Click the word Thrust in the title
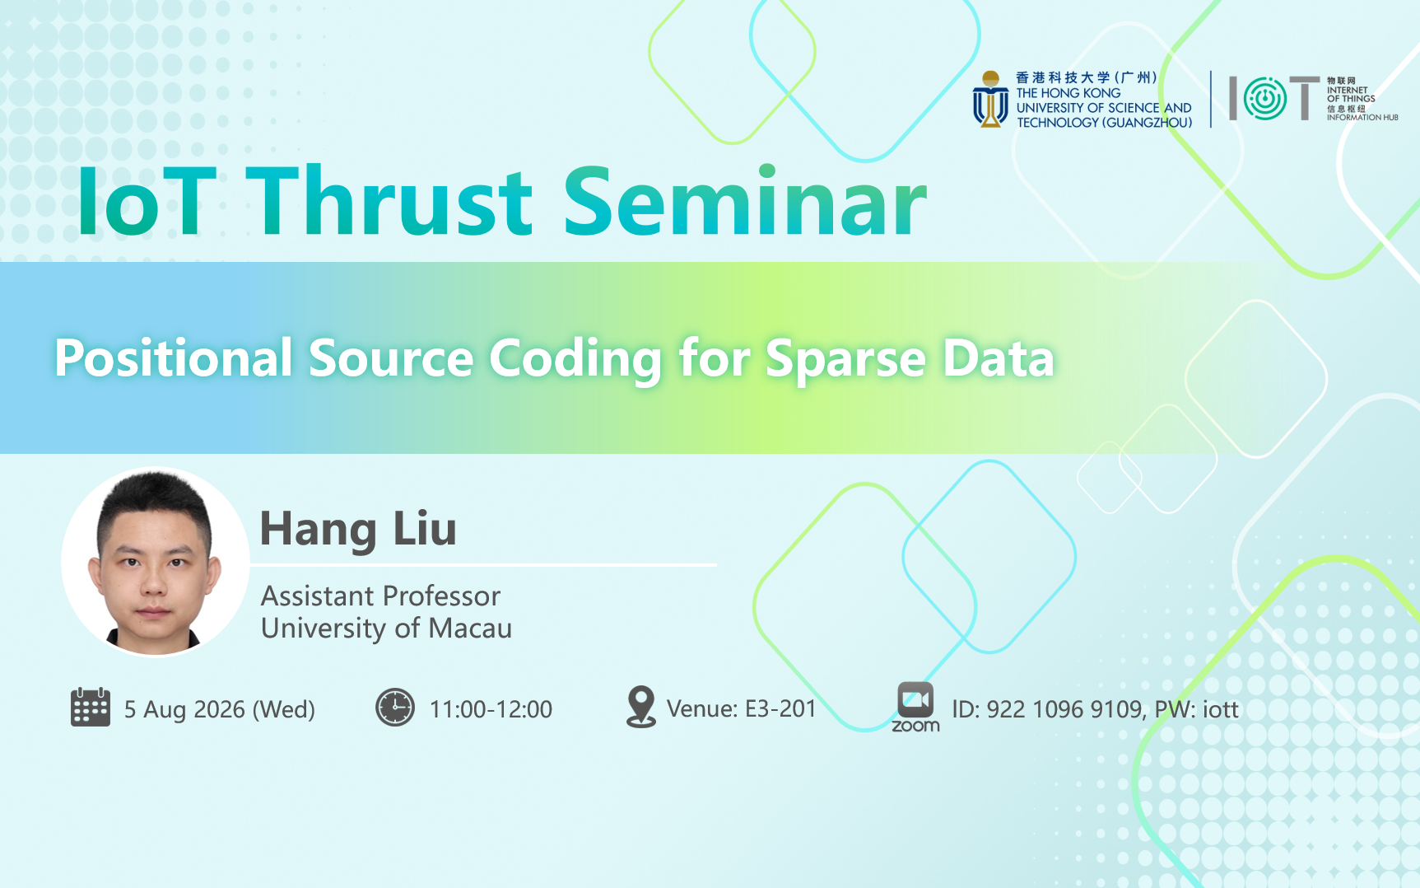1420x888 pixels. (x=390, y=202)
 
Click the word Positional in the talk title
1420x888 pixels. (x=174, y=358)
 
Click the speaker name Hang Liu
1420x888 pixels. (x=358, y=529)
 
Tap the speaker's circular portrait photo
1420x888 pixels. (x=155, y=562)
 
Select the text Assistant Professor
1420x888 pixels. (x=380, y=596)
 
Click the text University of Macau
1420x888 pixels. (x=386, y=629)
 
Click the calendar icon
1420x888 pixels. (x=91, y=707)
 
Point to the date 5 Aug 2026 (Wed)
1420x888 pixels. (x=220, y=709)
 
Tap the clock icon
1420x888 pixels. (x=395, y=708)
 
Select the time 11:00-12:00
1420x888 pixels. (x=491, y=709)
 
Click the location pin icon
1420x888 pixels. (x=640, y=707)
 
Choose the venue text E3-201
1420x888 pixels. (x=780, y=708)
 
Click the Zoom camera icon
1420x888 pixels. (x=915, y=699)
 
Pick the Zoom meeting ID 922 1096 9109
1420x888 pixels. (x=1064, y=709)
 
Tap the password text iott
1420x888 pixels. (x=1221, y=709)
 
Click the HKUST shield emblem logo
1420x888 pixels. (x=990, y=100)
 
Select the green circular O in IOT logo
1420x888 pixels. (x=1264, y=99)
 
